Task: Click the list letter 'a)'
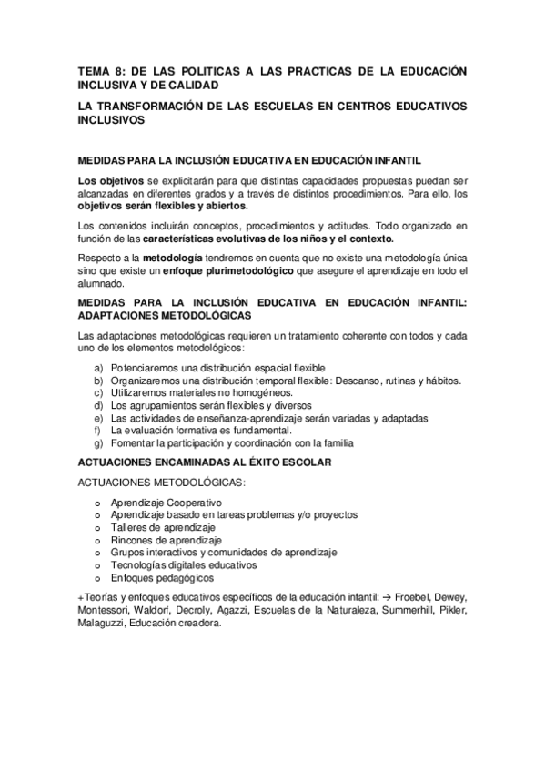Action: (x=97, y=367)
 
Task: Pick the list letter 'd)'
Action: (x=97, y=405)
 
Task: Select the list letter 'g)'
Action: (x=97, y=443)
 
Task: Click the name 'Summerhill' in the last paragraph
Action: (x=394, y=610)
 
